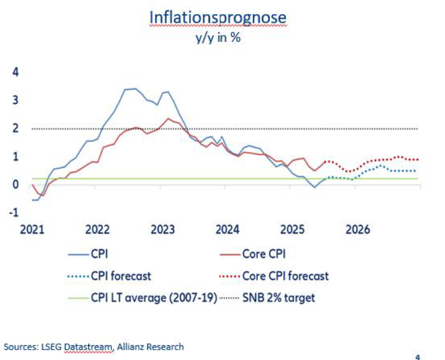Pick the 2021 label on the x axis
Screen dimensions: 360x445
coord(33,230)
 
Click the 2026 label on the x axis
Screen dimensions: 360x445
coord(358,230)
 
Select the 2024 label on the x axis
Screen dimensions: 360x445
coord(228,230)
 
